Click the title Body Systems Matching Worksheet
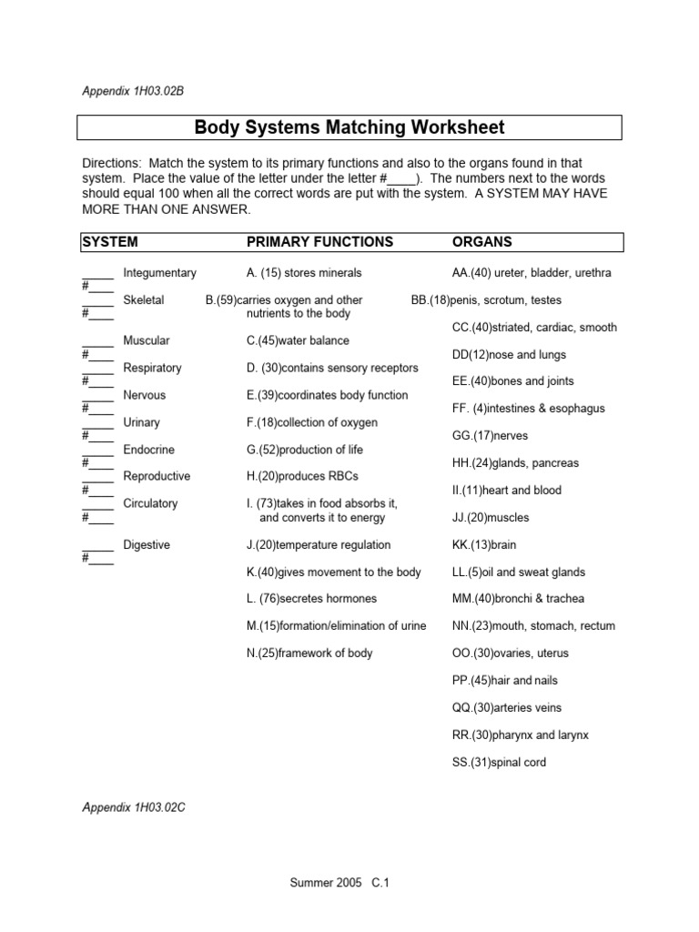[349, 127]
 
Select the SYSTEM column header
[110, 242]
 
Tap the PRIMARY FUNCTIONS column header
[320, 242]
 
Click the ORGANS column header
[482, 242]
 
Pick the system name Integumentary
[159, 273]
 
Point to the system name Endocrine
[148, 450]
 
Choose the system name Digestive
[147, 545]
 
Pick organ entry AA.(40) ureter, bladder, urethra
[532, 273]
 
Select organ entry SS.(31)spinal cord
[499, 763]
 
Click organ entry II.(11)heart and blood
[506, 491]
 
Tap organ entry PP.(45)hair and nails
[504, 681]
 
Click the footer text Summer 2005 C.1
[339, 883]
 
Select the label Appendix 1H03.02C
[133, 807]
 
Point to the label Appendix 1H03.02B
[133, 90]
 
